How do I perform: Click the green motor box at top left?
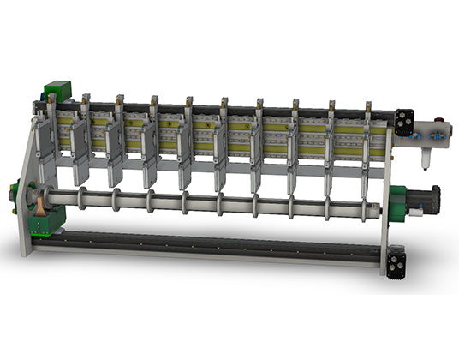pos(57,90)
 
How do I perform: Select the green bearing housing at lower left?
pos(50,219)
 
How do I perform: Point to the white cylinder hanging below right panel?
pos(426,156)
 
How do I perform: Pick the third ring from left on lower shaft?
pos(149,201)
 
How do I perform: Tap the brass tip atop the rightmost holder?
pos(367,106)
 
